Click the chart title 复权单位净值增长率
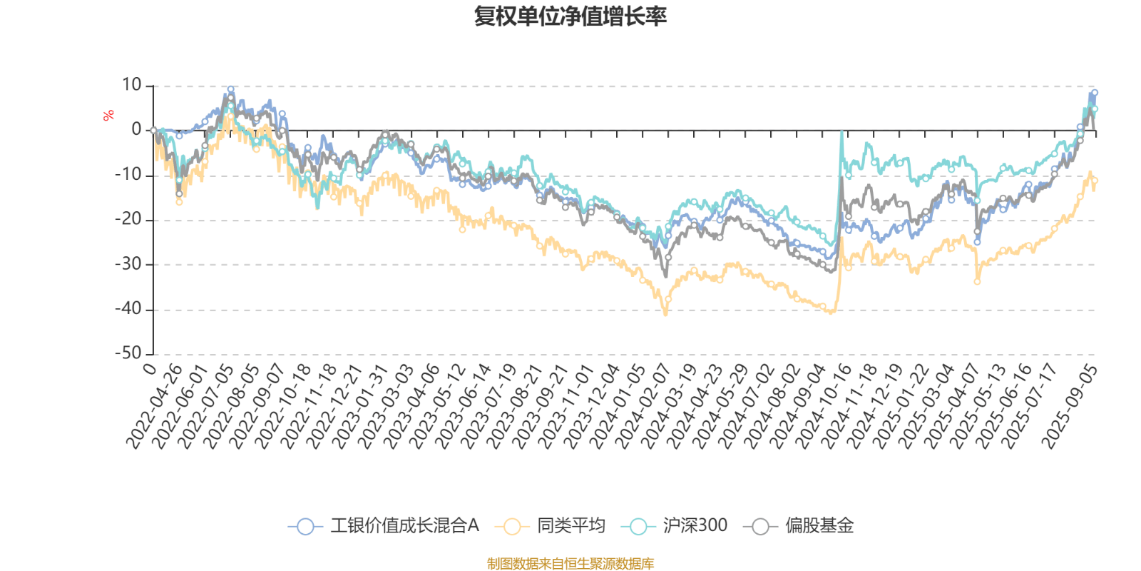570,16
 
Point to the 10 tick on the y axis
132,86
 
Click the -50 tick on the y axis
129,353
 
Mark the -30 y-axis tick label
129,264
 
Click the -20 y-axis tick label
129,220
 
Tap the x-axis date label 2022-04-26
155,407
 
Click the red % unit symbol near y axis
108,116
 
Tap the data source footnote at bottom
570,564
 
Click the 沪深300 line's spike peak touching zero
842,133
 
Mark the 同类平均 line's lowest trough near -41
666,313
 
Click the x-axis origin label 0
150,368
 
